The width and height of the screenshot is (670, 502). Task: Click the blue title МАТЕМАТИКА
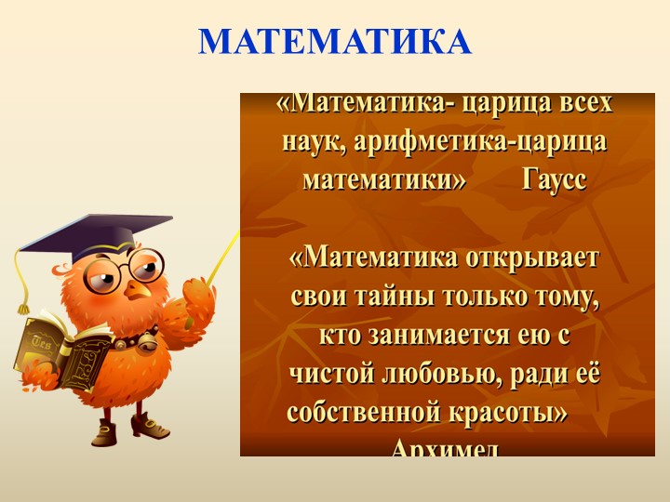(335, 42)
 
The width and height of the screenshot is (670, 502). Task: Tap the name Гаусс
(555, 178)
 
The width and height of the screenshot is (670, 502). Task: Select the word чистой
(329, 375)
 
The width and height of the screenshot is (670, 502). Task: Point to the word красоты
(509, 413)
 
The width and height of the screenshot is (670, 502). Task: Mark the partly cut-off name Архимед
(446, 449)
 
